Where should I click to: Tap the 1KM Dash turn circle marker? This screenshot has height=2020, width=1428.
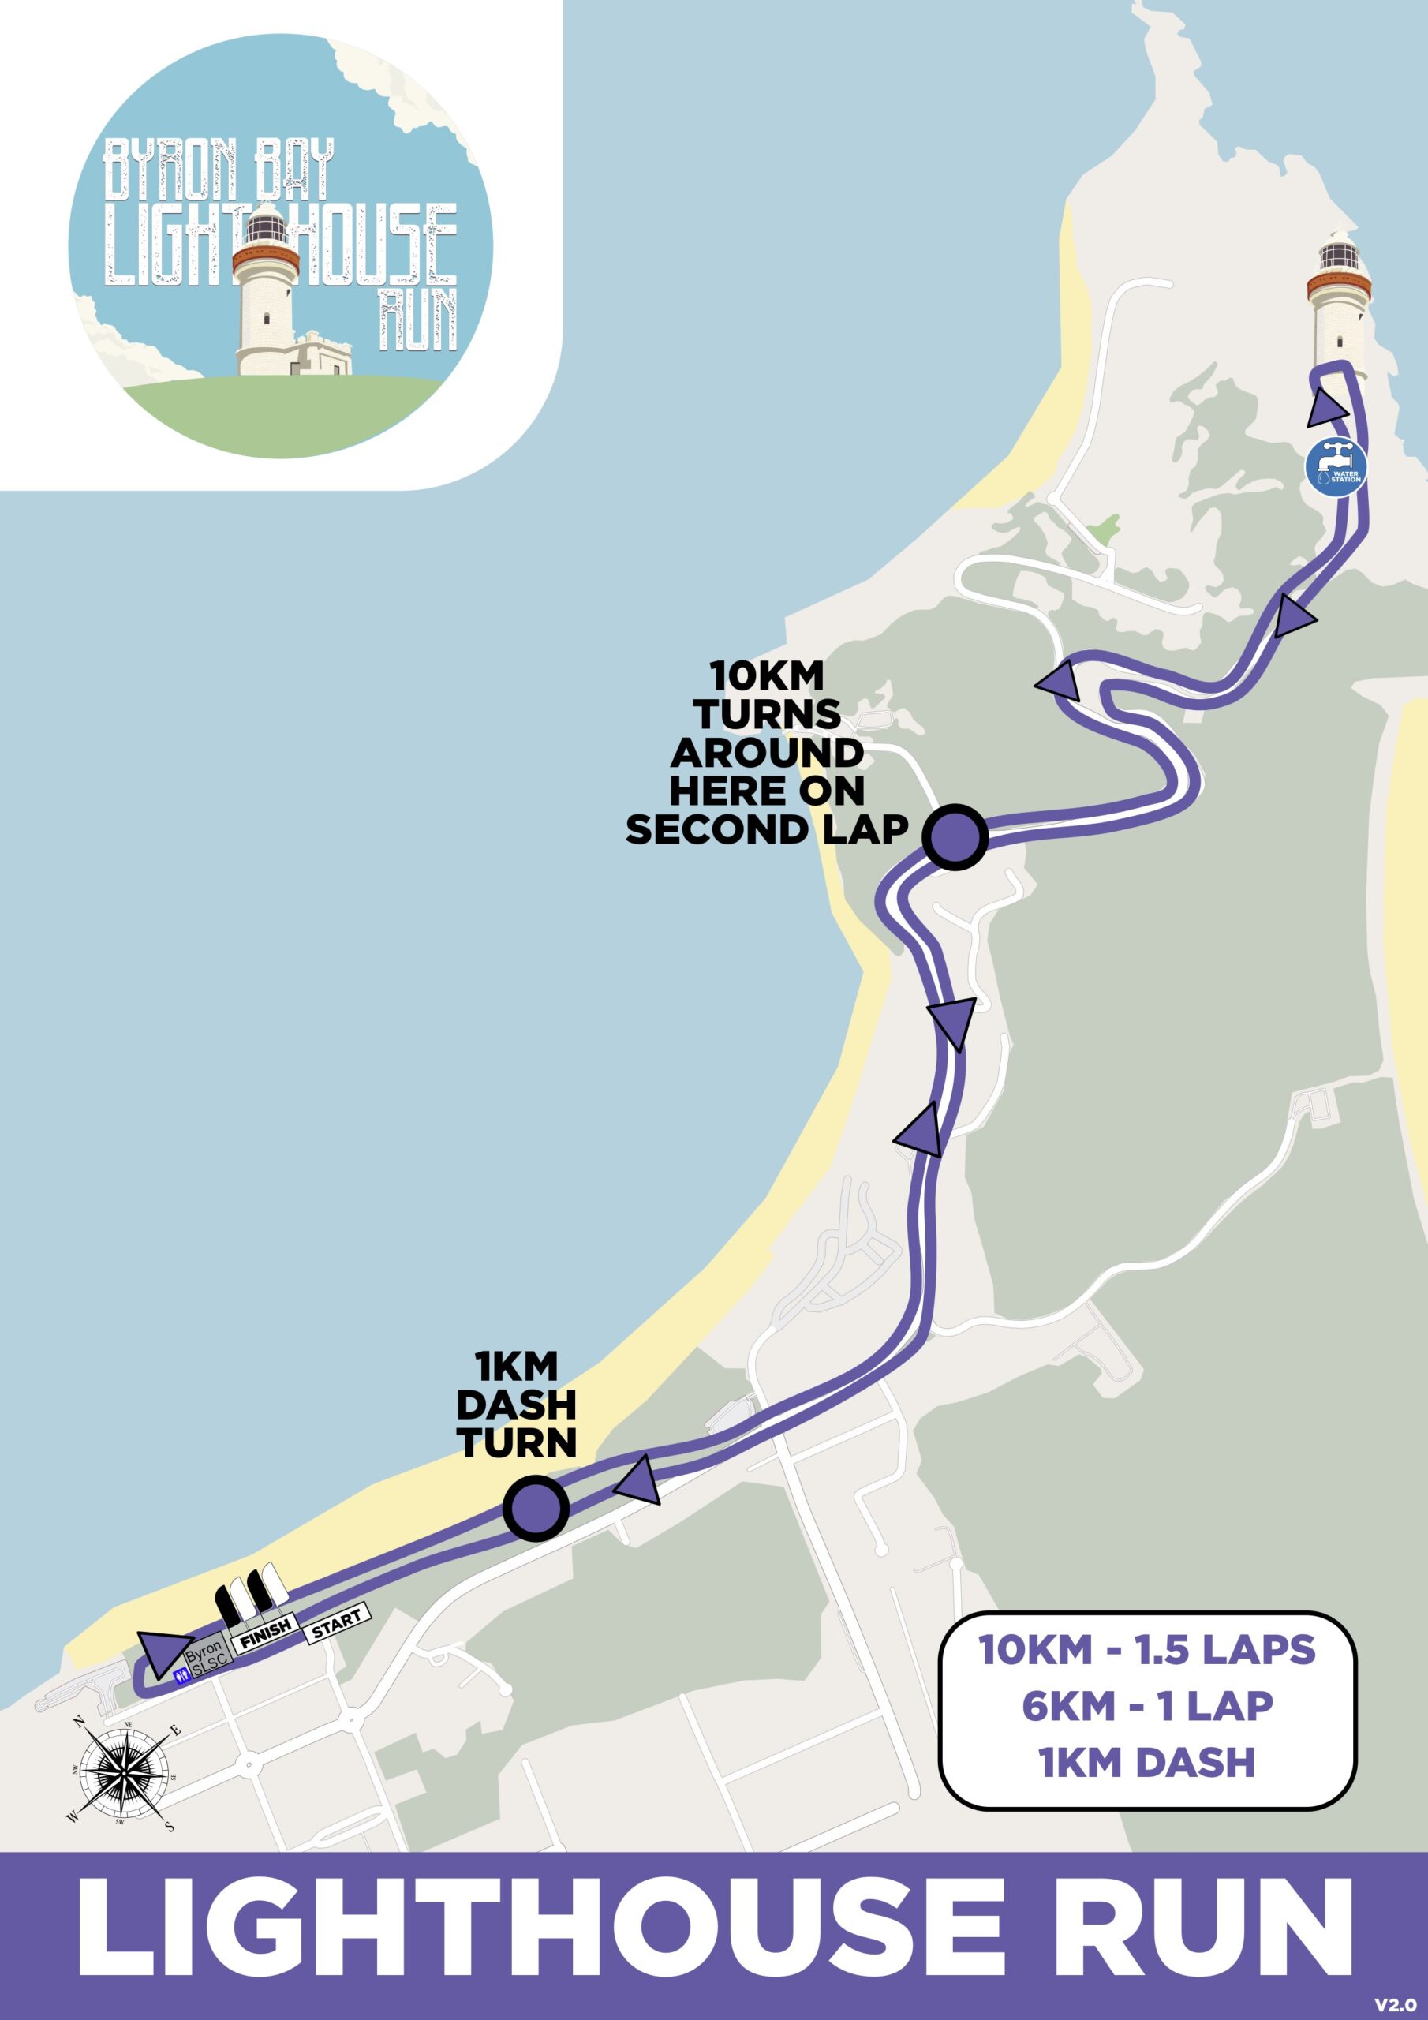point(536,1508)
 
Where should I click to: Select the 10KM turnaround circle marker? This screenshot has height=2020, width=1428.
point(955,836)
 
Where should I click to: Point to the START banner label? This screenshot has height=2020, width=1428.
point(337,1621)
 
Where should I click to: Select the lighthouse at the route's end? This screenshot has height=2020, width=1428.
point(1338,299)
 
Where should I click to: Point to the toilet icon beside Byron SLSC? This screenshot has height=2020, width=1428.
point(183,1676)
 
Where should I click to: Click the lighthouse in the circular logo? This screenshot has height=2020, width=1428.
point(266,290)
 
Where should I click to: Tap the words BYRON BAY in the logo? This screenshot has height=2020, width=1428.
point(219,169)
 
